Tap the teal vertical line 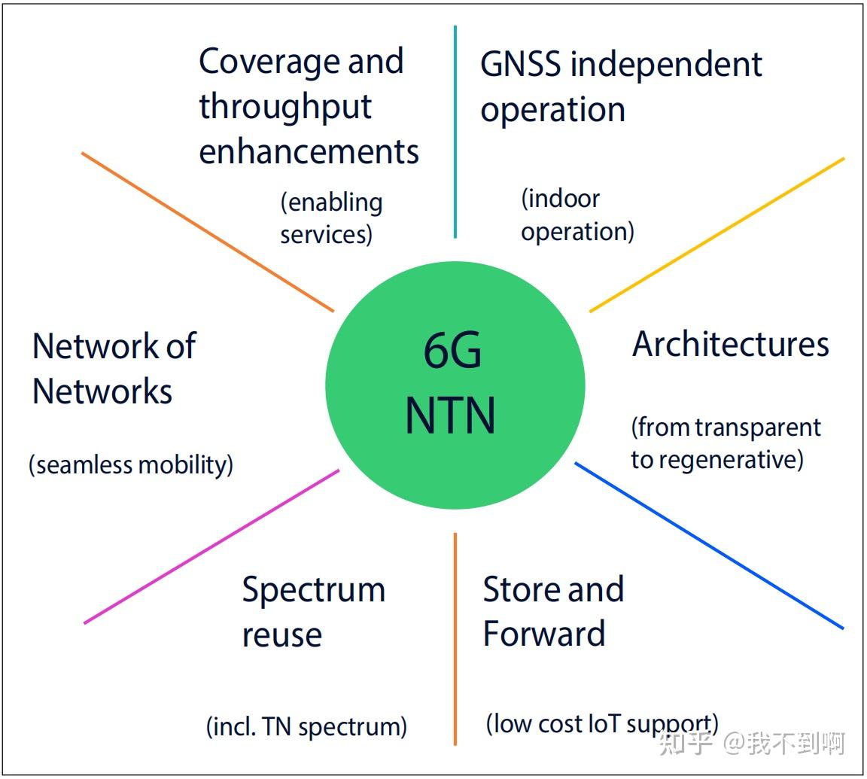(455, 132)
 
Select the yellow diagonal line (716, 234)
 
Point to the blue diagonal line (709, 545)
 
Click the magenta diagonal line (211, 546)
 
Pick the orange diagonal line (208, 232)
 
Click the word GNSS (521, 65)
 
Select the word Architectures (730, 345)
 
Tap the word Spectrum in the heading (313, 590)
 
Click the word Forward (543, 634)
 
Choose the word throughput (285, 107)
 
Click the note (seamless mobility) (131, 464)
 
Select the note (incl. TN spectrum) (306, 726)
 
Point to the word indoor (561, 199)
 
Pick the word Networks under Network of (102, 391)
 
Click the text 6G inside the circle (452, 351)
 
